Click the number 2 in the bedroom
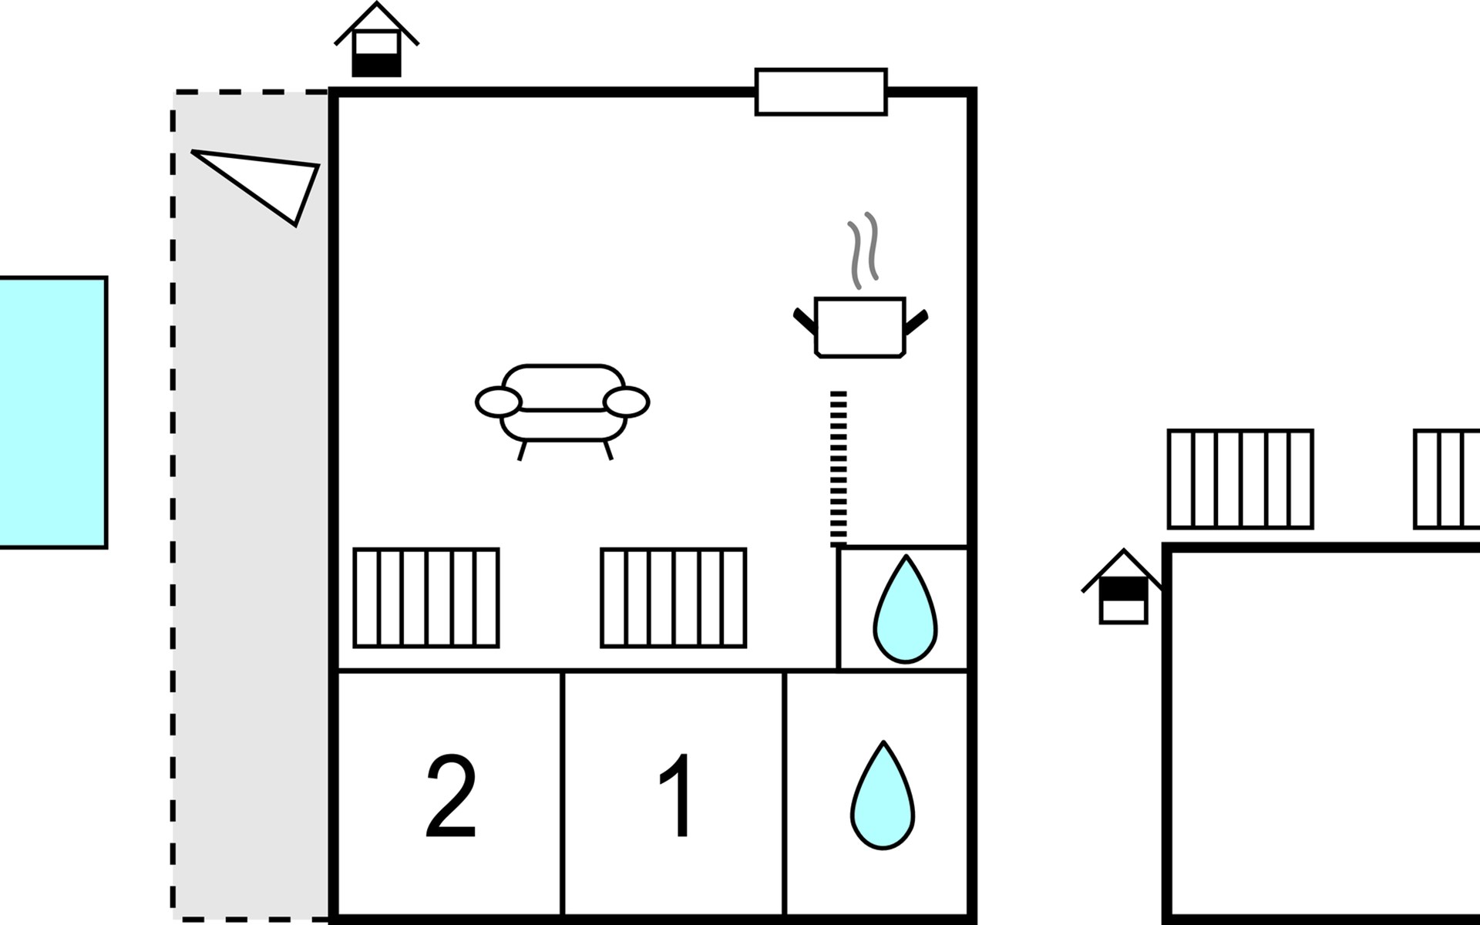(452, 797)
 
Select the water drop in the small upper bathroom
(905, 609)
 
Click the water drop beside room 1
(883, 795)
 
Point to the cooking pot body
(859, 328)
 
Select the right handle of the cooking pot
(917, 321)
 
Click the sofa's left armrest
(499, 402)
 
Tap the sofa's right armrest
(626, 402)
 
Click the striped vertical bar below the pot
(839, 469)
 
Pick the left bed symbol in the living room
(426, 598)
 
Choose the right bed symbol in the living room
(674, 598)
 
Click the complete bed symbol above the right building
(1240, 479)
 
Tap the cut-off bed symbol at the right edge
(1446, 479)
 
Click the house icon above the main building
(376, 40)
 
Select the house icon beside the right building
(1123, 587)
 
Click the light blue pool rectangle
(52, 412)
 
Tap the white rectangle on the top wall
(821, 92)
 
